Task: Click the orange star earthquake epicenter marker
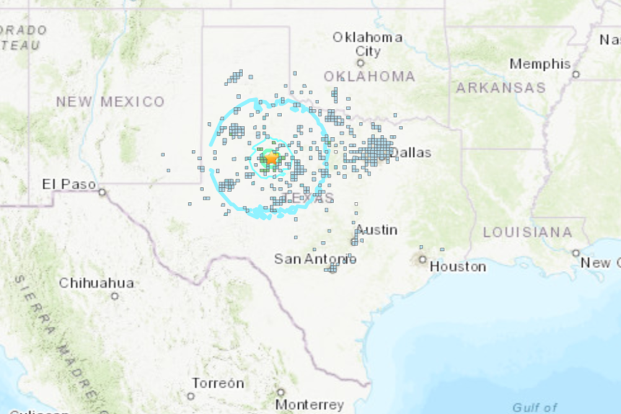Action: [271, 158]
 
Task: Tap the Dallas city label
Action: [411, 152]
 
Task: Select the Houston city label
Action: [458, 266]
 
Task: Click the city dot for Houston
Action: [422, 260]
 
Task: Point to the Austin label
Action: [377, 230]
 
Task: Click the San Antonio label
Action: [315, 259]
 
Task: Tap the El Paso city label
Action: [69, 184]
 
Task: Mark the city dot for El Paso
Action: [102, 192]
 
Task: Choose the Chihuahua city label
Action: [96, 283]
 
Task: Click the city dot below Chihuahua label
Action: [115, 296]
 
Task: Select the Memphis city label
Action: [540, 64]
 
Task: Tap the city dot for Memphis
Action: [576, 74]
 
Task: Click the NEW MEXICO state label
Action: [110, 102]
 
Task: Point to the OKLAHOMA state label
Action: [369, 76]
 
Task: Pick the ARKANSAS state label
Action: [501, 88]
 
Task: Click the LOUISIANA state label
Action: [528, 232]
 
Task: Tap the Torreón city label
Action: [217, 383]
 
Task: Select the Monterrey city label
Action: [309, 405]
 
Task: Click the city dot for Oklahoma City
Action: [360, 63]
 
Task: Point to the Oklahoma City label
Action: [368, 44]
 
